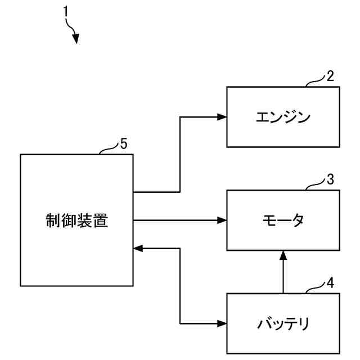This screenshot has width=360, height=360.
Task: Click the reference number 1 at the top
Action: coord(66,11)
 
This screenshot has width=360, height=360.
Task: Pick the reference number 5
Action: coord(123,144)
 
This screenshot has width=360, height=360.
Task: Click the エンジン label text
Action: coord(283,118)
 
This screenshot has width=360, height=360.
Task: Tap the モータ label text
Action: coord(283,220)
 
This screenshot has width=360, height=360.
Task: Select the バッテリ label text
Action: coord(283,324)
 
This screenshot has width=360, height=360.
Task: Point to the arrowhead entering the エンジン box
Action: coord(222,117)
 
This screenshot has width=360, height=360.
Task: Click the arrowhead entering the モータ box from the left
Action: coord(222,220)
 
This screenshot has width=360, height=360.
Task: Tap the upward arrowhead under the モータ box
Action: coord(283,255)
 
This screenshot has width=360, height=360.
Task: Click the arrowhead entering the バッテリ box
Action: coord(222,324)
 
